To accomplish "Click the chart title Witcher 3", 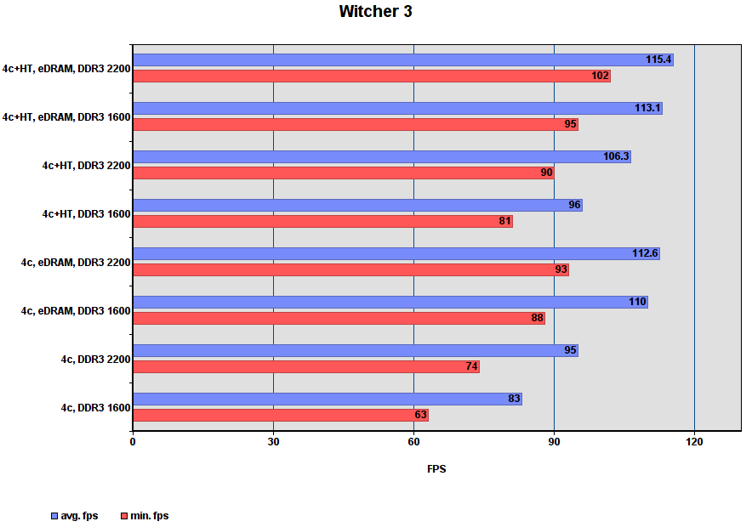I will (x=375, y=12).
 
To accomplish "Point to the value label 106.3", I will (x=616, y=156).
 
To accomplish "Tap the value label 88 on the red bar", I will (x=537, y=318).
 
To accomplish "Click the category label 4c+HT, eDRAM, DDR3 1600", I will (x=66, y=117).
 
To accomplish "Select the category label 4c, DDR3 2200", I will (x=95, y=360).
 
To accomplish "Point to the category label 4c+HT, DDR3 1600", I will (x=86, y=214).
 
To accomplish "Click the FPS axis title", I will (x=436, y=469).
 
